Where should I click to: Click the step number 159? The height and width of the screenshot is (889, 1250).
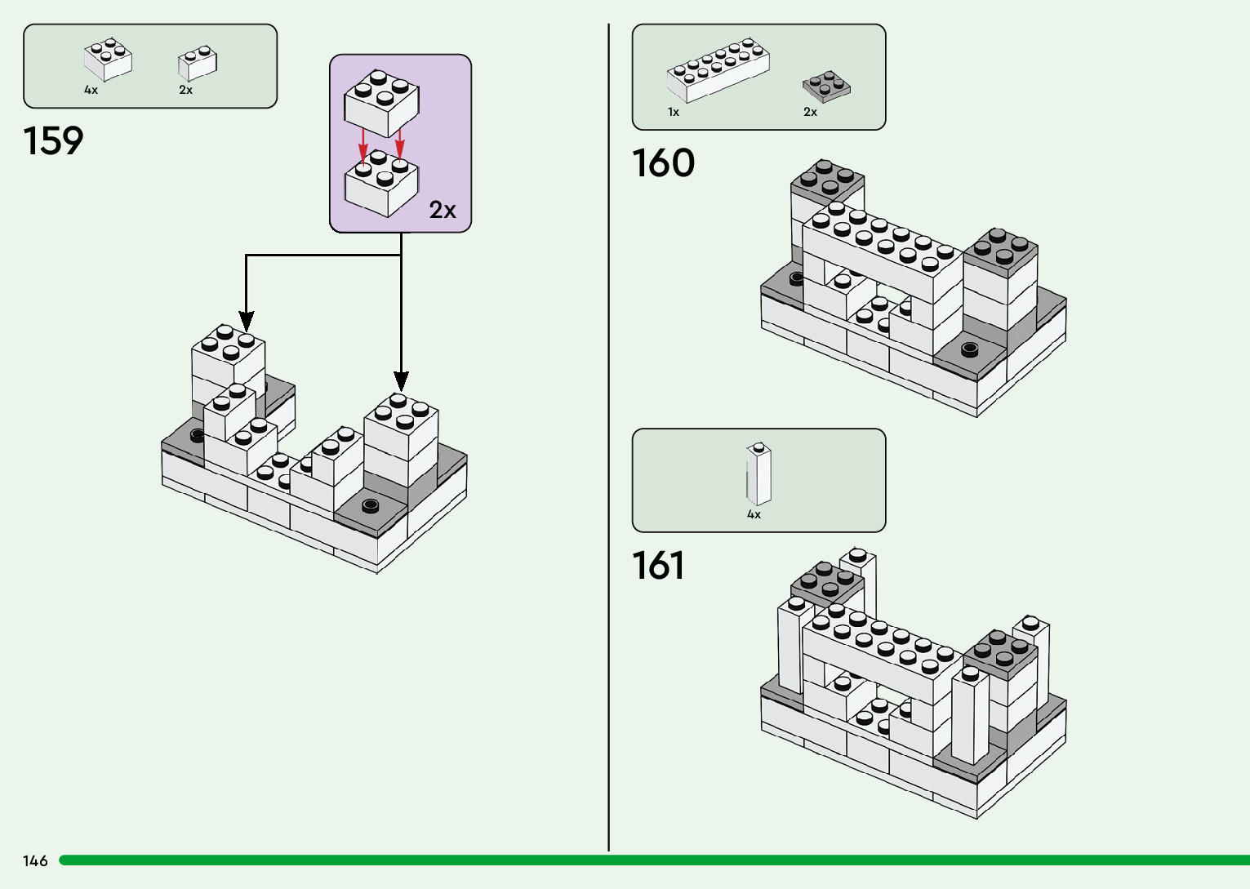click(54, 141)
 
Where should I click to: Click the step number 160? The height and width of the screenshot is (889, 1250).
click(663, 163)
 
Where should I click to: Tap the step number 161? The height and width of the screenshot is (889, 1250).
click(658, 566)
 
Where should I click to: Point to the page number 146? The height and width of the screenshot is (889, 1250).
click(35, 860)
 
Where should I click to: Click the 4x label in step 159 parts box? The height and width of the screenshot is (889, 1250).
click(91, 90)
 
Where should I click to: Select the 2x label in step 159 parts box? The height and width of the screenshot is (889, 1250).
click(185, 90)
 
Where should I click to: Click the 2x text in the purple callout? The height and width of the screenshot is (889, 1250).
click(443, 211)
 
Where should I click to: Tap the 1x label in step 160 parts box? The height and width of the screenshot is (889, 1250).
click(674, 112)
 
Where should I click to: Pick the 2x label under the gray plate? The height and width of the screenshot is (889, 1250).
click(810, 112)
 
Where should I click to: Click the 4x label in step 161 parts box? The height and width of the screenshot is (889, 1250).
click(754, 514)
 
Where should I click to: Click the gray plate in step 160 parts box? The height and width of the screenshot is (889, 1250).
click(826, 86)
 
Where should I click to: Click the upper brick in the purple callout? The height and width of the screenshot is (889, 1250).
click(381, 102)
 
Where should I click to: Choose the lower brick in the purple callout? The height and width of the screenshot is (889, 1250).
click(381, 183)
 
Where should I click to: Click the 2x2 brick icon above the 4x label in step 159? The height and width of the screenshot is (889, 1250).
click(108, 60)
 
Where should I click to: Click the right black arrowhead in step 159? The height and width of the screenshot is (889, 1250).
click(401, 380)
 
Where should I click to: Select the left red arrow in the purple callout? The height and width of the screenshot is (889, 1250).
click(363, 149)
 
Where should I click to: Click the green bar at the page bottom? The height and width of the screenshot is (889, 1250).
click(653, 860)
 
